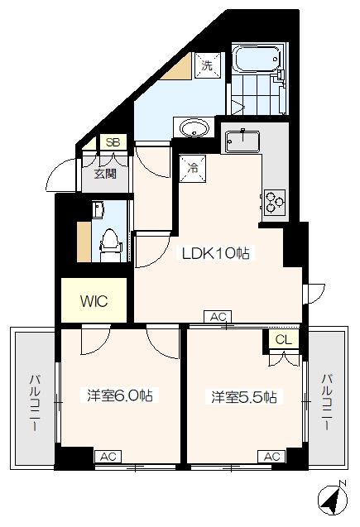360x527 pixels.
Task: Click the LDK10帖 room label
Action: (216, 254)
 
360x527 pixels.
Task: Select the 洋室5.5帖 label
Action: (242, 396)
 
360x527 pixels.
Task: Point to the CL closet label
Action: (283, 339)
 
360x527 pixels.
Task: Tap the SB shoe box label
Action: (113, 142)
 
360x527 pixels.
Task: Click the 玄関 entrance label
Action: (104, 174)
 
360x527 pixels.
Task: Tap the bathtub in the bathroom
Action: (257, 60)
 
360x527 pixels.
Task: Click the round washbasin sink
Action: (195, 128)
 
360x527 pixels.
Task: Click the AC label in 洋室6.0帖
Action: (107, 456)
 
